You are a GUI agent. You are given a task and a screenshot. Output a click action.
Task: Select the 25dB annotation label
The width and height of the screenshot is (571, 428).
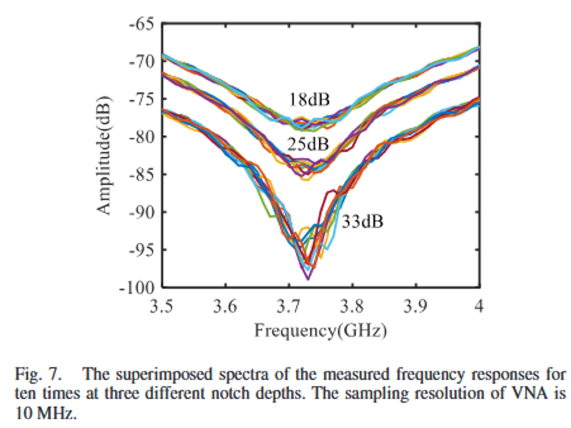pyautogui.click(x=308, y=144)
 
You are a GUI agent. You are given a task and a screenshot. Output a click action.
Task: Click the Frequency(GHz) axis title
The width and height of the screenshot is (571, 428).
pyautogui.click(x=320, y=330)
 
